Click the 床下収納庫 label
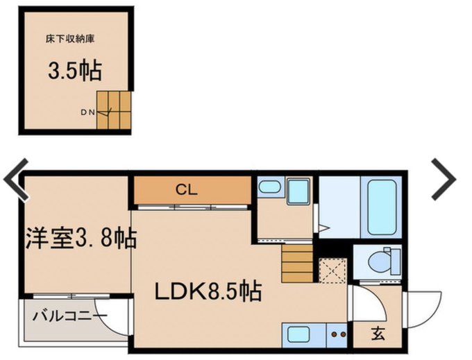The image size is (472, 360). (70, 39)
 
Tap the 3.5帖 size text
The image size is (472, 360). (75, 71)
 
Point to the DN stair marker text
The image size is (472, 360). (87, 112)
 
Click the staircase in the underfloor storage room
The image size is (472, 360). (114, 110)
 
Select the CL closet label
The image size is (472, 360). (187, 190)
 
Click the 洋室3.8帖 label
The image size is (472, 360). (81, 238)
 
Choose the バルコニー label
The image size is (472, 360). (70, 316)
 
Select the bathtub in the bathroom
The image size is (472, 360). (382, 207)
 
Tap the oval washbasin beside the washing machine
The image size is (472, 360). (270, 187)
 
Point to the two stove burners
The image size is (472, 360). (337, 334)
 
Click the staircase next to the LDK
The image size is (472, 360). (297, 264)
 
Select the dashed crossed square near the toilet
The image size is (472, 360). (332, 271)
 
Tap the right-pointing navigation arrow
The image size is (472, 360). (444, 179)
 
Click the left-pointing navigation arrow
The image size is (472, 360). (16, 179)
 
